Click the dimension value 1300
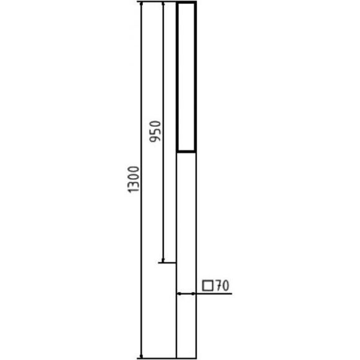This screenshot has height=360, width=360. tap(133, 179)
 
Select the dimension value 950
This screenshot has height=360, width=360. tap(155, 132)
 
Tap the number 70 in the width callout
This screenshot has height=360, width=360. tap(222, 286)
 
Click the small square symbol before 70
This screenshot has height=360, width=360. tap(208, 286)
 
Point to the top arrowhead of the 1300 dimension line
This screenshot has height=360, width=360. tap(141, 4)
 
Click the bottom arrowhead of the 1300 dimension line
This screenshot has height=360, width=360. tap(141, 356)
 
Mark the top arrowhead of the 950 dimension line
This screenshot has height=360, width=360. tap(163, 4)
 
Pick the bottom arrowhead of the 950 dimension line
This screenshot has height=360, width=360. tap(163, 260)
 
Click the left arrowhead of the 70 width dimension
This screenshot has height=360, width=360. tap(179, 294)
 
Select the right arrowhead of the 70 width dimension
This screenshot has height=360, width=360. tap(193, 294)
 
